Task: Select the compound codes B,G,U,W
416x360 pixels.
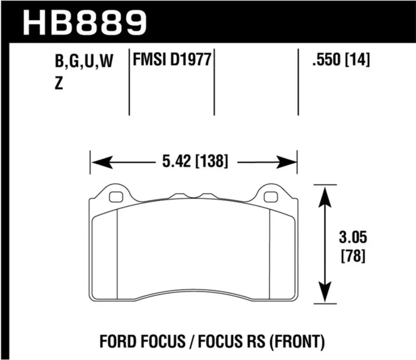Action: pyautogui.click(x=83, y=63)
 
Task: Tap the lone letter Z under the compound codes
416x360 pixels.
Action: pyautogui.click(x=58, y=84)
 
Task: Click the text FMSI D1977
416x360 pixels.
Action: pyautogui.click(x=172, y=61)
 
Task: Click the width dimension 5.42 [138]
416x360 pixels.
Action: pyautogui.click(x=193, y=162)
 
